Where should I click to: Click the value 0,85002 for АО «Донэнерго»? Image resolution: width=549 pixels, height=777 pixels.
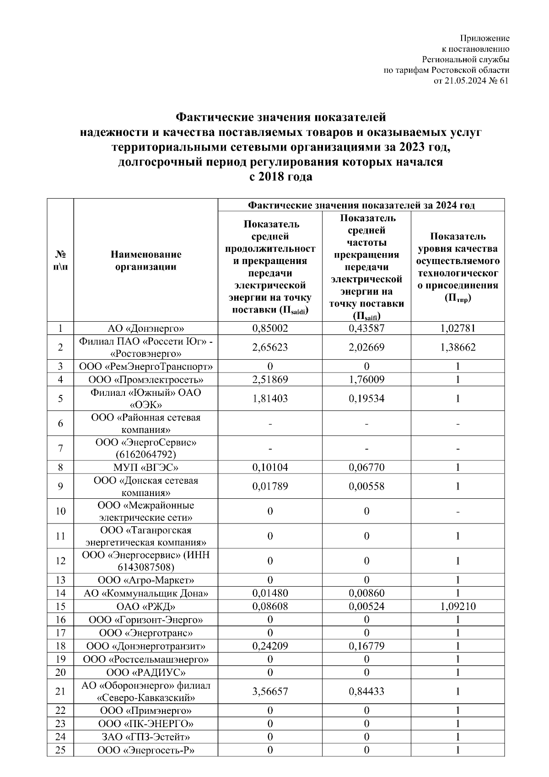click(270, 328)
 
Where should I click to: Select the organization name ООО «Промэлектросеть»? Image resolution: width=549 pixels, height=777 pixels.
click(145, 380)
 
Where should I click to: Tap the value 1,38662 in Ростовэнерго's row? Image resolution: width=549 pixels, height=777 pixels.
click(457, 347)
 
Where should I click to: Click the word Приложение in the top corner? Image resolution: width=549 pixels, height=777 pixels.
click(484, 38)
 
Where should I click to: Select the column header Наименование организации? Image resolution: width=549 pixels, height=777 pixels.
click(145, 260)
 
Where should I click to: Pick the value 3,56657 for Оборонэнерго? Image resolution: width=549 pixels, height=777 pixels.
click(270, 691)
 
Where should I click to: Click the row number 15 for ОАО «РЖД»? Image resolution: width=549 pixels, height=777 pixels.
click(60, 607)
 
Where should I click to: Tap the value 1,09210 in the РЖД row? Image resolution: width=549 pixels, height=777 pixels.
click(457, 607)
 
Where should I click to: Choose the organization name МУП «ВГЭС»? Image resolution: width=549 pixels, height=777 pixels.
click(145, 468)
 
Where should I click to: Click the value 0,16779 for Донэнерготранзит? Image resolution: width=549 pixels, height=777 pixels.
click(366, 646)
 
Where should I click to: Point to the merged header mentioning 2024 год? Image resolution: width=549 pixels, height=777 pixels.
click(361, 205)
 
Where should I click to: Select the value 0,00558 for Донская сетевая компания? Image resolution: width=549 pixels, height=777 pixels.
click(366, 486)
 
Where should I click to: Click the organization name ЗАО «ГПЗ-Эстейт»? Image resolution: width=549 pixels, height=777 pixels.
click(145, 737)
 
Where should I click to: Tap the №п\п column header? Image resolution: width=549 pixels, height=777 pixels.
click(60, 260)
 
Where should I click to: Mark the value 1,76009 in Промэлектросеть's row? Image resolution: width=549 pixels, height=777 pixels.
click(366, 380)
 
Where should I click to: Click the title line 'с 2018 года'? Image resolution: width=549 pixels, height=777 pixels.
click(280, 177)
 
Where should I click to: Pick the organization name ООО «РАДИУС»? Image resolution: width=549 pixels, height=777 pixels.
click(145, 673)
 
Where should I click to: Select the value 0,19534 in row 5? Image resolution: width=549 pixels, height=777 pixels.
click(366, 399)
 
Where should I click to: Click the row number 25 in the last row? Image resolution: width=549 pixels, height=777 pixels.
click(60, 750)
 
